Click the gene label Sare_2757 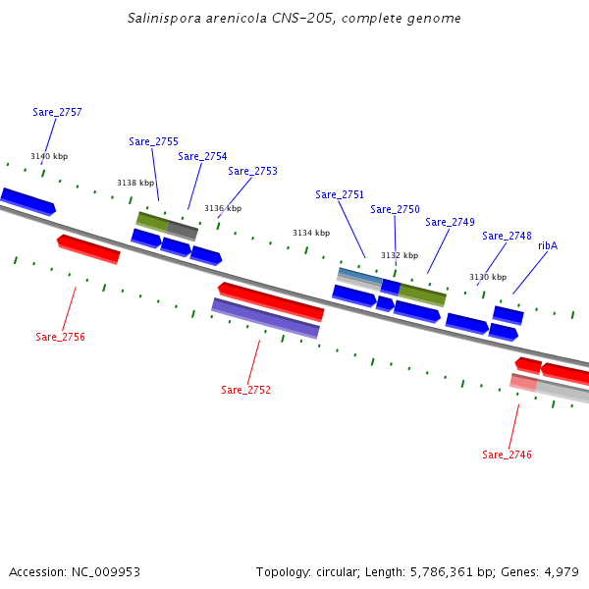57,112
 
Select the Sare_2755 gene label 153,141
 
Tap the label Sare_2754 202,156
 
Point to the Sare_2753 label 252,171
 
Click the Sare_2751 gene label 340,194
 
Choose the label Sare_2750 395,209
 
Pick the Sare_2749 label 450,222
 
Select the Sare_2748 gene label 507,236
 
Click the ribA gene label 548,245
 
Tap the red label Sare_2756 60,337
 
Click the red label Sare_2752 245,390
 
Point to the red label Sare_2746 507,455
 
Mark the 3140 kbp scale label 49,156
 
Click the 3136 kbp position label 223,208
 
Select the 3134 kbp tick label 311,233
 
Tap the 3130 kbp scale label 488,277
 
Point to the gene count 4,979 560,571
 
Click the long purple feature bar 265,318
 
